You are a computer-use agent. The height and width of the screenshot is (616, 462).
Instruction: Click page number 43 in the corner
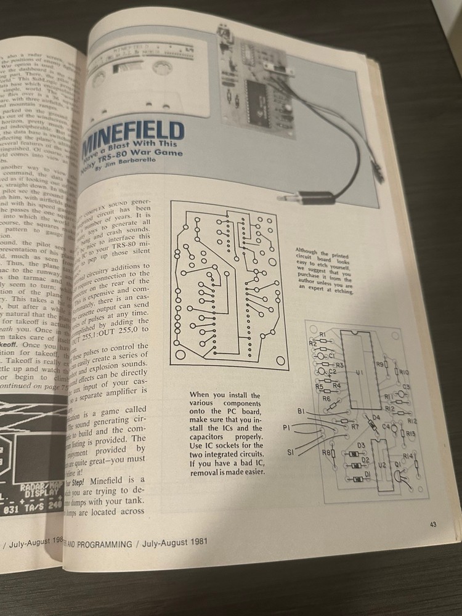tap(433, 524)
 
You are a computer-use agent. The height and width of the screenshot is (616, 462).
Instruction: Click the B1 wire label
tap(301, 411)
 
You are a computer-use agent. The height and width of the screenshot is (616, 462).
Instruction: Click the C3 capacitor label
tap(406, 387)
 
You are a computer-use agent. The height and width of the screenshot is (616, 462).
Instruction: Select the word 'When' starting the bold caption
tap(200, 394)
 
